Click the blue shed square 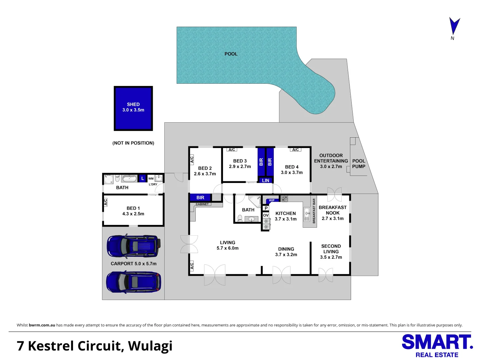click(x=133, y=108)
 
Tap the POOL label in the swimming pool click(x=231, y=54)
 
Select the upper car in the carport click(x=134, y=246)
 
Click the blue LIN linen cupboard click(x=265, y=180)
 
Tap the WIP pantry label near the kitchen click(x=272, y=200)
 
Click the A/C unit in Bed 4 click(x=295, y=150)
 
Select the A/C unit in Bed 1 click(x=105, y=202)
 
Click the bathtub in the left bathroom click(x=129, y=179)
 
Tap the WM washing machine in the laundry click(x=151, y=179)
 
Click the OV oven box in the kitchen click(x=266, y=215)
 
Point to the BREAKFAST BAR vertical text click(x=314, y=211)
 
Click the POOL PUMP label click(x=359, y=164)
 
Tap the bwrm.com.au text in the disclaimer click(x=42, y=325)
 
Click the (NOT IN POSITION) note click(x=133, y=143)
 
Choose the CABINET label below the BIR click(x=202, y=204)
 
